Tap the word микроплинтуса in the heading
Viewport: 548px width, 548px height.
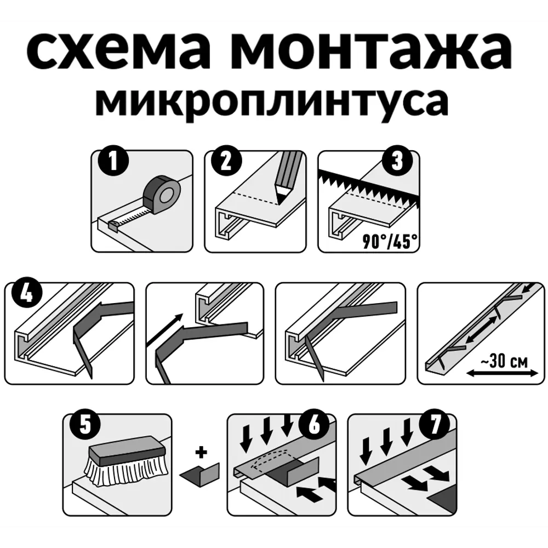point(271,101)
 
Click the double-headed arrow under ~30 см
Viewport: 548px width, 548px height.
point(501,374)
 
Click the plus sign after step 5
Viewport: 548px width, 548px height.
point(203,453)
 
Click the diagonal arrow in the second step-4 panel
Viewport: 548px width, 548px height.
point(167,331)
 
